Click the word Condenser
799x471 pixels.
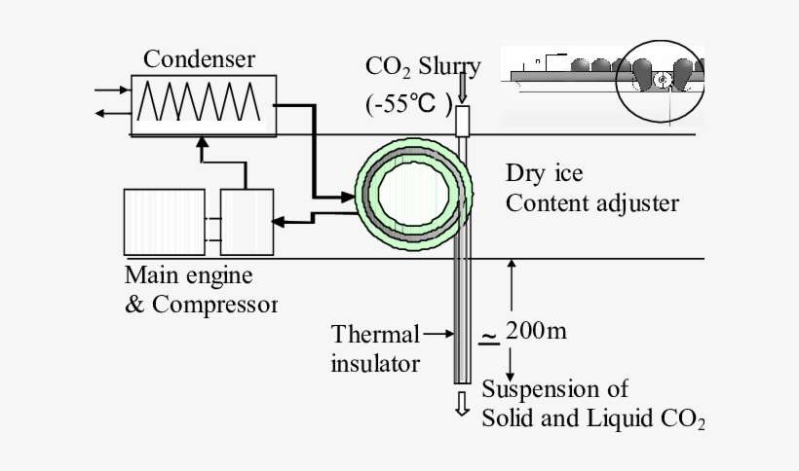pyautogui.click(x=199, y=59)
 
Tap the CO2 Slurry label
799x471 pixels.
pyautogui.click(x=422, y=67)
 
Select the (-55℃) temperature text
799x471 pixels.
pyautogui.click(x=409, y=103)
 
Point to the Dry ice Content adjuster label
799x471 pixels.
pyautogui.click(x=591, y=189)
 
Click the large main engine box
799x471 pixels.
pyautogui.click(x=164, y=222)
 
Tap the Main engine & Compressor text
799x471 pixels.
pyautogui.click(x=200, y=289)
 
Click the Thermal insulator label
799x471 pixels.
pyautogui.click(x=375, y=349)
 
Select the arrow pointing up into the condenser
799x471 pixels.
pyautogui.click(x=203, y=145)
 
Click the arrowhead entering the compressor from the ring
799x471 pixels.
pyautogui.click(x=279, y=222)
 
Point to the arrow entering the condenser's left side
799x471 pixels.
pyautogui.click(x=110, y=91)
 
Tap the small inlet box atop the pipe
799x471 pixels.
pyautogui.click(x=462, y=121)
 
